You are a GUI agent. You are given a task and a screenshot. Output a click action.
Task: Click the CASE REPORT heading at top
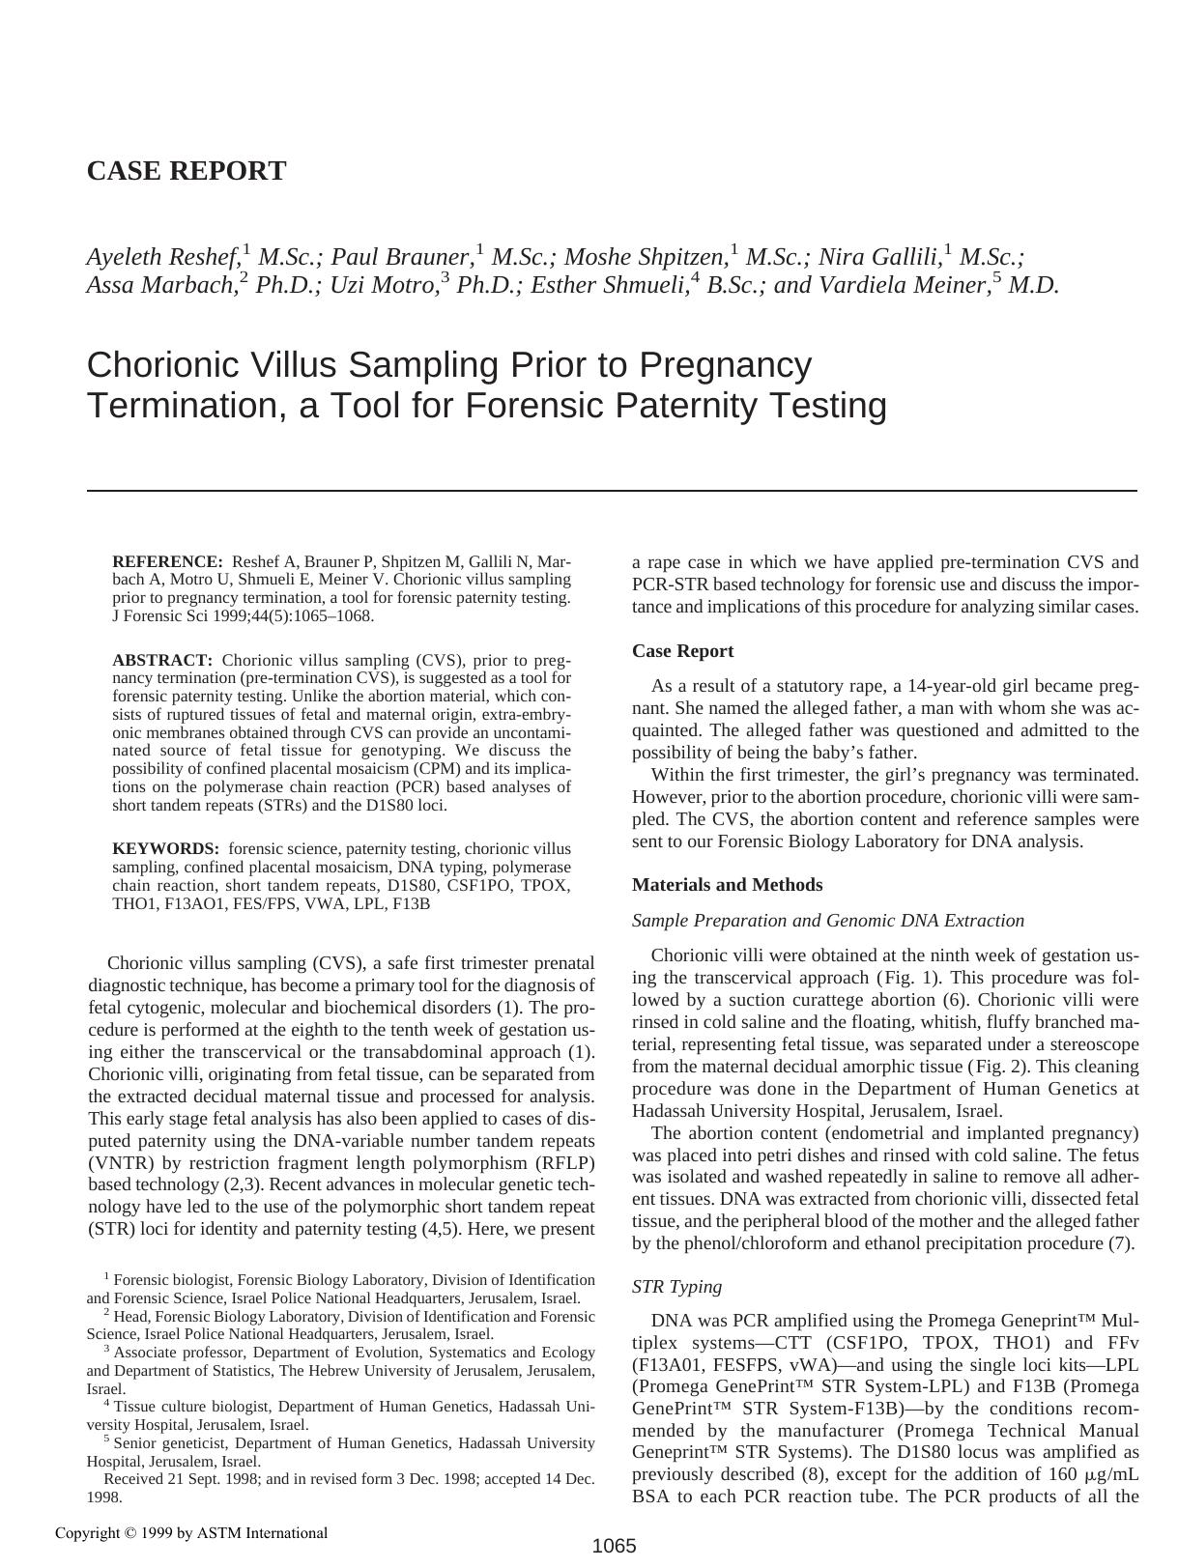coord(187,171)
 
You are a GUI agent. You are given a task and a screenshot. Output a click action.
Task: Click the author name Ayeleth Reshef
coord(162,257)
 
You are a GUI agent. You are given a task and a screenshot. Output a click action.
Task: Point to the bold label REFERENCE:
coord(167,562)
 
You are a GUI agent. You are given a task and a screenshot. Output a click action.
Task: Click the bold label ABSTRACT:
coord(162,661)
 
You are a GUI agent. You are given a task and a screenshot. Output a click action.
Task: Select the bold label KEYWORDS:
coord(165,849)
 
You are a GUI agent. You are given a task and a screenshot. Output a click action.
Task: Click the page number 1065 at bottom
coord(614,1546)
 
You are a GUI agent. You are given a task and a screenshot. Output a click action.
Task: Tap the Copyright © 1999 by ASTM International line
coord(191,1532)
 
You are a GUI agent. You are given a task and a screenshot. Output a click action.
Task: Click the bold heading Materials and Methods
coord(727,885)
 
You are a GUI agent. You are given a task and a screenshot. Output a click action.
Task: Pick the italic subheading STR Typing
coord(676,1287)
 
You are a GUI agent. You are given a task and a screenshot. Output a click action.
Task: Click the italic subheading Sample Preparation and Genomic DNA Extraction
coord(827,921)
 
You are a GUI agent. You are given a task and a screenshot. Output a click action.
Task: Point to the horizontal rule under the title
coord(612,491)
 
